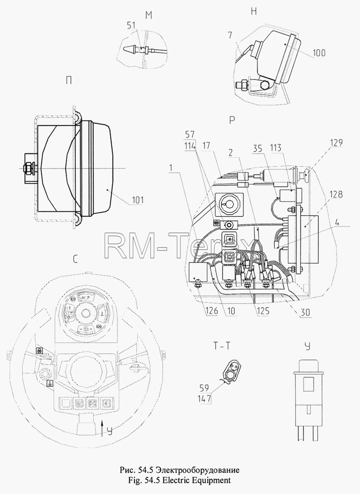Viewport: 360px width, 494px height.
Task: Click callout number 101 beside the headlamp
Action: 138,200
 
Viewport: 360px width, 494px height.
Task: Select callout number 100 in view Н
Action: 319,53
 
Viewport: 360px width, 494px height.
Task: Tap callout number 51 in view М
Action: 131,25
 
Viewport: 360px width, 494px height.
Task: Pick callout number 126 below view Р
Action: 212,311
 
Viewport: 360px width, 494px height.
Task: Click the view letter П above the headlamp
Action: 69,81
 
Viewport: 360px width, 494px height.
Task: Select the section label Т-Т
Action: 222,346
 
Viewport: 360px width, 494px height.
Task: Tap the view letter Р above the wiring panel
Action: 232,120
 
